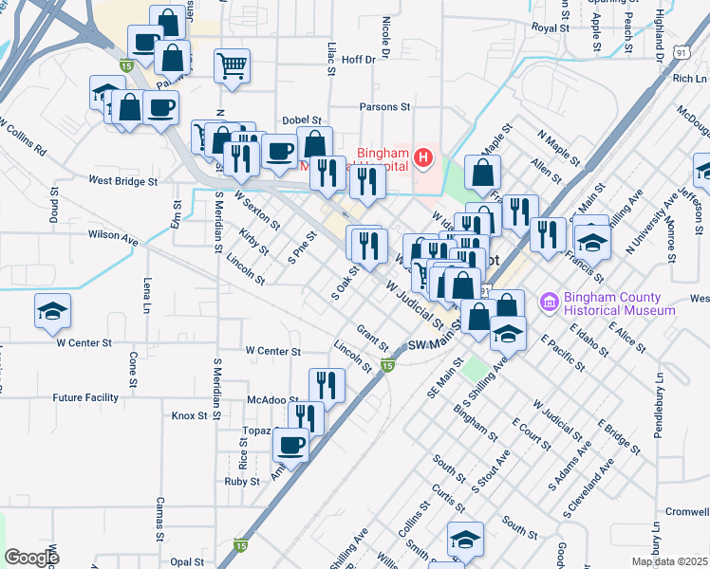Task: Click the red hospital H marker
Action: pyautogui.click(x=424, y=156)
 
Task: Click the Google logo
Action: pyautogui.click(x=31, y=558)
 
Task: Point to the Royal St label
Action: pyautogui.click(x=550, y=28)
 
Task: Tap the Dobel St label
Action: pyautogui.click(x=304, y=120)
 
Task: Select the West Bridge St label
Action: pyautogui.click(x=122, y=180)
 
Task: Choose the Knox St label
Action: pyautogui.click(x=189, y=415)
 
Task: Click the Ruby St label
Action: pyautogui.click(x=242, y=482)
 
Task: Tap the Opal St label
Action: pyautogui.click(x=187, y=561)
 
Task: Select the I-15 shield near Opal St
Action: pyautogui.click(x=241, y=545)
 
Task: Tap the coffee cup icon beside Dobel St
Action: pyautogui.click(x=279, y=152)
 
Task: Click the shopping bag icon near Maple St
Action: pyautogui.click(x=483, y=173)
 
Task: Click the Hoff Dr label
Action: pyautogui.click(x=358, y=59)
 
